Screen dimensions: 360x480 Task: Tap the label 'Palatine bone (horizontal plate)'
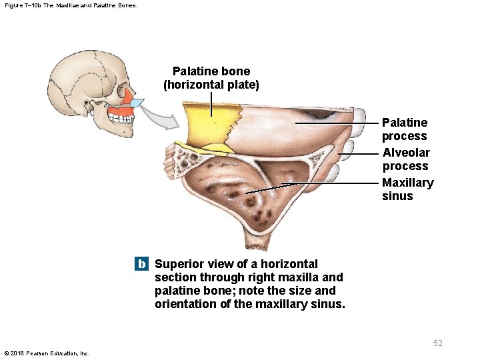coord(211,78)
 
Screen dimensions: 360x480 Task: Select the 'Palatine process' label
coord(405,129)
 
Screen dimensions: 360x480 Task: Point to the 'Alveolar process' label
coord(406,159)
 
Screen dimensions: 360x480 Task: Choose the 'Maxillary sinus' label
coord(407,189)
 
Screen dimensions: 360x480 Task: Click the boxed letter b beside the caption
coord(141,264)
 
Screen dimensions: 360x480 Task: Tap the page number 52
coord(437,343)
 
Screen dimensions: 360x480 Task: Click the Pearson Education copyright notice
coord(47,353)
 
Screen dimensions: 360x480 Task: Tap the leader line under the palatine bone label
coord(211,103)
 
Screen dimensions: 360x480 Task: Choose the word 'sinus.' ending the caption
coord(329,304)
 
